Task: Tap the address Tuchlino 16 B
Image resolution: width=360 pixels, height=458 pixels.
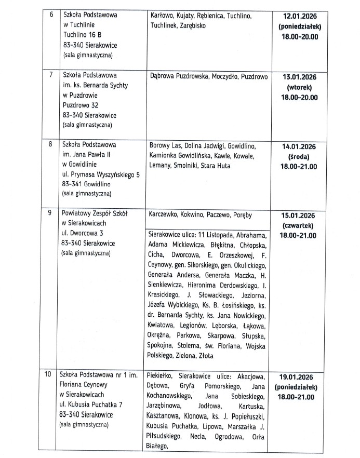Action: (x=83, y=34)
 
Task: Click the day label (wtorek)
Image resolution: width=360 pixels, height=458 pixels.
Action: (x=299, y=87)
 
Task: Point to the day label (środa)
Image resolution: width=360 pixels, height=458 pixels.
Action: (x=299, y=157)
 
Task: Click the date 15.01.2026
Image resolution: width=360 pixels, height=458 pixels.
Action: (x=299, y=215)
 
